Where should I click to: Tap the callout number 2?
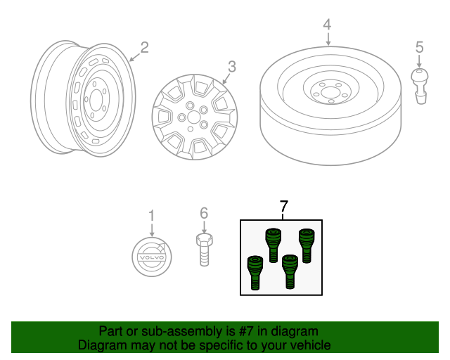tap(144, 48)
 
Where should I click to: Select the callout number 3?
tap(231, 67)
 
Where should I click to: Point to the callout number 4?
tap(327, 25)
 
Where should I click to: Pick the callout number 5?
tap(420, 48)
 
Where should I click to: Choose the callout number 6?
tap(204, 213)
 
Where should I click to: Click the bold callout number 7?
tap(284, 207)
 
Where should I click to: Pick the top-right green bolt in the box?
tap(307, 244)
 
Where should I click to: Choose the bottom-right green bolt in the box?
tap(289, 271)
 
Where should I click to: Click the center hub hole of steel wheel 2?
tap(94, 101)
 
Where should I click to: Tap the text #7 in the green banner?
tap(250, 331)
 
